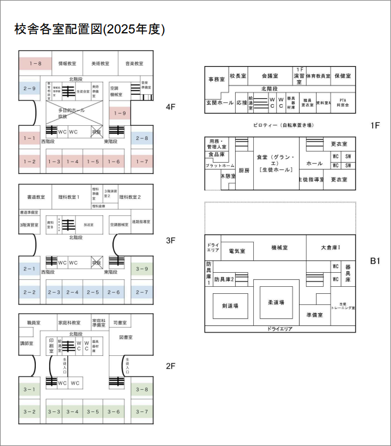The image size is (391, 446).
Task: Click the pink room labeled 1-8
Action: [x=36, y=63]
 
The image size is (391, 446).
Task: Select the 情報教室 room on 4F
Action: [x=67, y=63]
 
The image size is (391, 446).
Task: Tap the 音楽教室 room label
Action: [x=134, y=63]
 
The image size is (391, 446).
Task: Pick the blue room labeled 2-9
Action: [x=29, y=88]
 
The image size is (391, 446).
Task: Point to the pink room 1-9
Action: [x=120, y=113]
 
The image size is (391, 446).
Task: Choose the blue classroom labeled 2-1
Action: [x=29, y=269]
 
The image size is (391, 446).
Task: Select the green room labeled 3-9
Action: [x=142, y=269]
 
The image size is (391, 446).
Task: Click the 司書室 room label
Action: [x=120, y=323]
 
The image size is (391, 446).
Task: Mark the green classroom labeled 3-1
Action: [x=29, y=390]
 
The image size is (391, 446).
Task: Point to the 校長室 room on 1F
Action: [x=238, y=76]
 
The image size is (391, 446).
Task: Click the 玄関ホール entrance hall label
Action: [x=219, y=102]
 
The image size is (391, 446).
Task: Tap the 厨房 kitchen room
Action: [x=244, y=170]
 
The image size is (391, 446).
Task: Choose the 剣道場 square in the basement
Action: [x=230, y=306]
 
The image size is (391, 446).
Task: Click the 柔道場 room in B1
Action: [x=276, y=303]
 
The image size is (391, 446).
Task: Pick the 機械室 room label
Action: [x=280, y=248]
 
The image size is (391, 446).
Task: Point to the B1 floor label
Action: [x=375, y=261]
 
